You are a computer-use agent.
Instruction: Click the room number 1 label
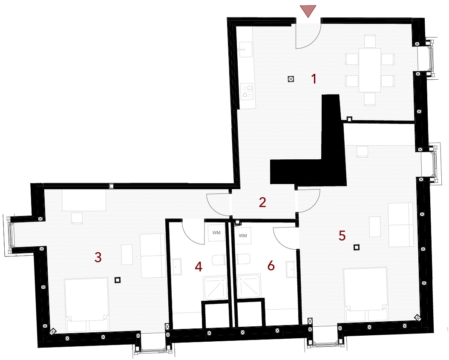tap(314, 79)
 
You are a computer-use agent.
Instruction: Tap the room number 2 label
tap(262, 202)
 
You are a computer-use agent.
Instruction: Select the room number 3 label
tap(98, 257)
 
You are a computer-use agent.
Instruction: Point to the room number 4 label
tap(199, 267)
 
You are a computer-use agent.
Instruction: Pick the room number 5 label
tap(342, 236)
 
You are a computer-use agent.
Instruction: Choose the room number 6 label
tap(271, 266)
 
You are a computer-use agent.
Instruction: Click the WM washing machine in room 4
tap(216, 233)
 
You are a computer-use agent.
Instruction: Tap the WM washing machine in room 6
tap(242, 236)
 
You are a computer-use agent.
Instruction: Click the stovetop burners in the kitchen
tap(247, 91)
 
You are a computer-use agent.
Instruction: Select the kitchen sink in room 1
tap(245, 49)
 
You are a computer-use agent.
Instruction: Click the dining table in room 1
tap(370, 70)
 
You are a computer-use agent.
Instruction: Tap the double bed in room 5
tap(366, 294)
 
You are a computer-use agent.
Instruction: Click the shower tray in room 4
tap(215, 288)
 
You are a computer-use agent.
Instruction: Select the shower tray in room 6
tap(249, 286)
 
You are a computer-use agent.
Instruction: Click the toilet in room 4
tap(219, 260)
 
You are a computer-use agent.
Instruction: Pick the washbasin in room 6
tap(291, 269)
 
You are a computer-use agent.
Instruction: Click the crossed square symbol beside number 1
tap(291, 79)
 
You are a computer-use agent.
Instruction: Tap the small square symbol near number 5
tap(356, 247)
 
